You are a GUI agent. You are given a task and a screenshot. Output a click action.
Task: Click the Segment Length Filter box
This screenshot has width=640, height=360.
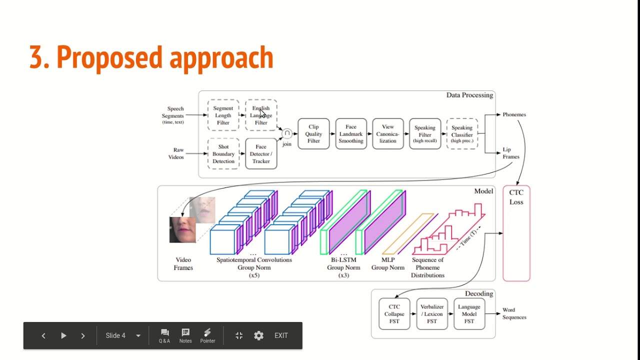(223, 115)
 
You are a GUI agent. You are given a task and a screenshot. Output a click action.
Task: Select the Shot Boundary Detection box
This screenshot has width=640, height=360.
(223, 154)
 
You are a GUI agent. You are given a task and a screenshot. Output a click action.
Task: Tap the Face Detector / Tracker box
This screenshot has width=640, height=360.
(261, 154)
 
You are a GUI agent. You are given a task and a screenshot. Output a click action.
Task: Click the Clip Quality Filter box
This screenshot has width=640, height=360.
(313, 134)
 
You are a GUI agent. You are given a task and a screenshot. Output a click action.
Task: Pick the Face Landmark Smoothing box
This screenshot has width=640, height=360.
(351, 134)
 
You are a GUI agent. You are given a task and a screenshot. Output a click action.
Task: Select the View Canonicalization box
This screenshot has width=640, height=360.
(388, 134)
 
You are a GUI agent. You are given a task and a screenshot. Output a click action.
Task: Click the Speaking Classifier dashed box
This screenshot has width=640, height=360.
(462, 134)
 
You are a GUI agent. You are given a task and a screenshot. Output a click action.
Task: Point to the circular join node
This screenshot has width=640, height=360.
(287, 133)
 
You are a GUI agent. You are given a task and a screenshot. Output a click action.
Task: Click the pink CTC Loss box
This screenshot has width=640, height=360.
(516, 233)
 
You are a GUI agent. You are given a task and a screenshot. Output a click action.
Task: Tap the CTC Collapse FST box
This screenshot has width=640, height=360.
(394, 314)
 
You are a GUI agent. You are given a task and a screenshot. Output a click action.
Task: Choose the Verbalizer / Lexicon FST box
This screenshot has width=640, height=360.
(432, 314)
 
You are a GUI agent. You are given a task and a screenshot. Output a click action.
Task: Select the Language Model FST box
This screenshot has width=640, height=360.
(469, 314)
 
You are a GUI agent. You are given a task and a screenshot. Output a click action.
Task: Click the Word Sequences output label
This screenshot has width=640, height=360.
(514, 313)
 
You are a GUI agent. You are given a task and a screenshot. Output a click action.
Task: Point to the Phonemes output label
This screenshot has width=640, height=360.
(514, 114)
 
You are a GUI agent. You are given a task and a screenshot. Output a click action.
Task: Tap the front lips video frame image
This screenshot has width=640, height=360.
(182, 229)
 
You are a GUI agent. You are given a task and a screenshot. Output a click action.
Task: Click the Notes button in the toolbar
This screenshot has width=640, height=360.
(185, 335)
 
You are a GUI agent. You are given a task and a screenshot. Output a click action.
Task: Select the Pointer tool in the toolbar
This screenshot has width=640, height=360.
(207, 335)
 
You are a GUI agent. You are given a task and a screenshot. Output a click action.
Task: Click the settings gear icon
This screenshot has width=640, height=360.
(258, 335)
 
